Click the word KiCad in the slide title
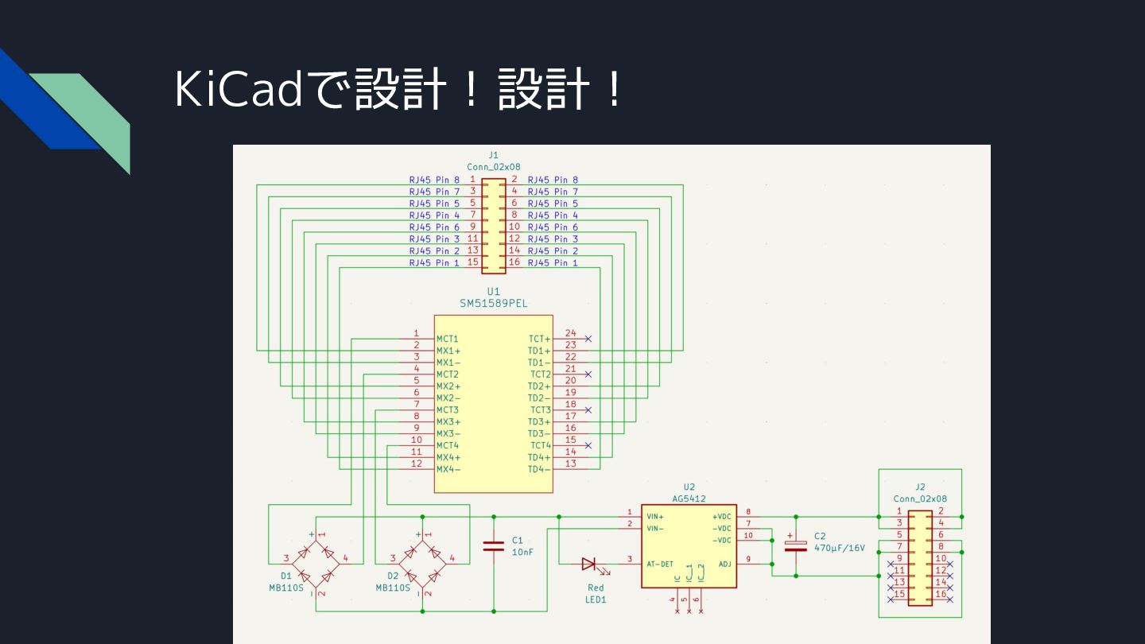[239, 89]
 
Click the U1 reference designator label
[493, 291]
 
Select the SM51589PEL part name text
[493, 303]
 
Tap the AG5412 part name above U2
[689, 499]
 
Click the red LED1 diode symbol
[589, 564]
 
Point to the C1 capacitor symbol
[493, 546]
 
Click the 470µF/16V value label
[840, 548]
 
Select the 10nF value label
[522, 552]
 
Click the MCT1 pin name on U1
[447, 339]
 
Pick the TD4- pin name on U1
[539, 469]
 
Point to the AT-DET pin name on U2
[660, 564]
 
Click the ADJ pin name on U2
[725, 564]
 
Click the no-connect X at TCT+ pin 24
[588, 339]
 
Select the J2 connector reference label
[920, 487]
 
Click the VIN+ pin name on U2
[655, 517]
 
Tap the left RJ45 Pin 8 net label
[434, 180]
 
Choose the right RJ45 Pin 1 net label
[553, 262]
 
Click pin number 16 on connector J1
[514, 262]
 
